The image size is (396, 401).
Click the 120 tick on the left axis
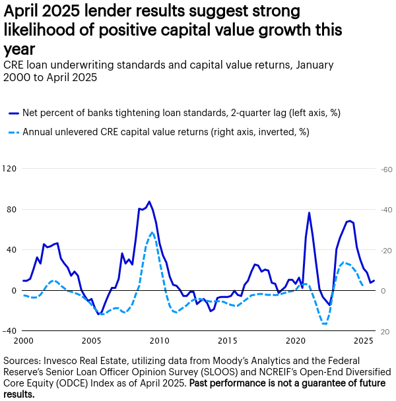[10, 169]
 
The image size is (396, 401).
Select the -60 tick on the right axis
[385, 169]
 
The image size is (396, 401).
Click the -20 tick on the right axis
[385, 250]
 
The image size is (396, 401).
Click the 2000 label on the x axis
[23, 341]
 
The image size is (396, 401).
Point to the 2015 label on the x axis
[228, 341]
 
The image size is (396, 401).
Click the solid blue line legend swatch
[13, 113]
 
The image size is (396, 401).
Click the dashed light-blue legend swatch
[13, 132]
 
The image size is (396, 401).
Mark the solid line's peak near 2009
[149, 202]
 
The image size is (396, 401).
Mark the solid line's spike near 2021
[309, 213]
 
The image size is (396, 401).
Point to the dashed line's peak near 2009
[152, 232]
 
